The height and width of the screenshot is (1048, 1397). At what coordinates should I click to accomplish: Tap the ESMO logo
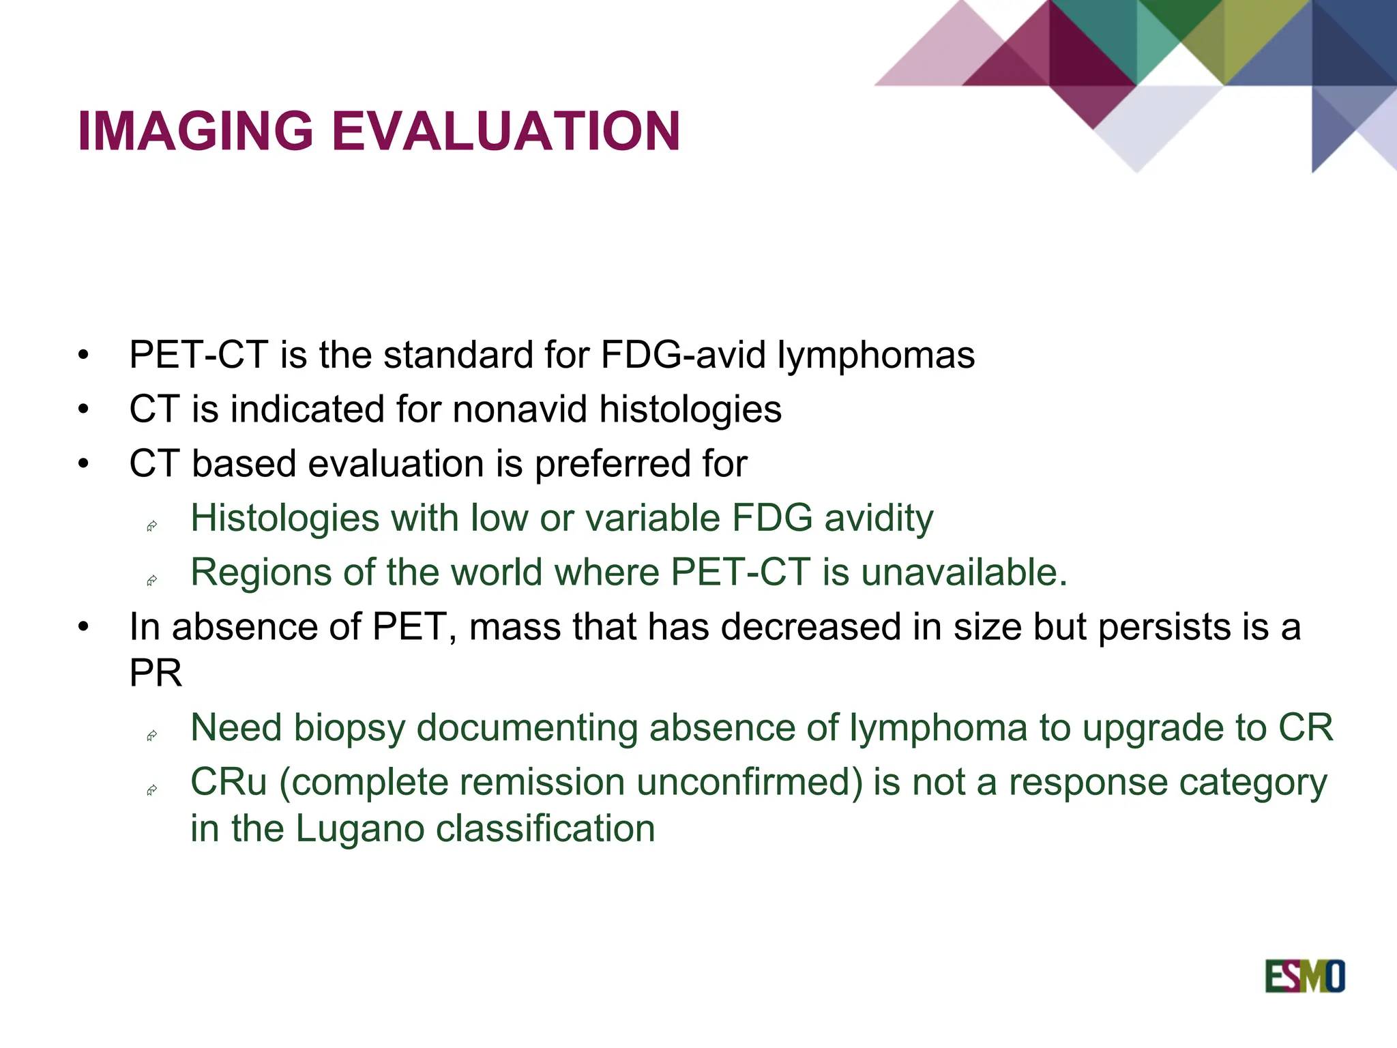coord(1304,976)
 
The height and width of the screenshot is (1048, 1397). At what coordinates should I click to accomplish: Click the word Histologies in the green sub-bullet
coord(284,518)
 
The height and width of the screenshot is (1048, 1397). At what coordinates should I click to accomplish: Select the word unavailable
coord(963,572)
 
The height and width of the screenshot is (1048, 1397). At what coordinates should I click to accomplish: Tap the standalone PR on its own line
coord(156,673)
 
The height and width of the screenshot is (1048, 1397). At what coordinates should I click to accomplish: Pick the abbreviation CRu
coord(229,782)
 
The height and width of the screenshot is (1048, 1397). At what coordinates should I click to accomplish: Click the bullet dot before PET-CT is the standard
coord(83,355)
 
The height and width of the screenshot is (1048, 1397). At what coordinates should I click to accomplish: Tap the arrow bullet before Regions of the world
coord(152,581)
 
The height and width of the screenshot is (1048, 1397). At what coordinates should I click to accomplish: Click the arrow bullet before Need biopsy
coord(152,736)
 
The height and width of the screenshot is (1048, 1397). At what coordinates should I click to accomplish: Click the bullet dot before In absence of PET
coord(83,627)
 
